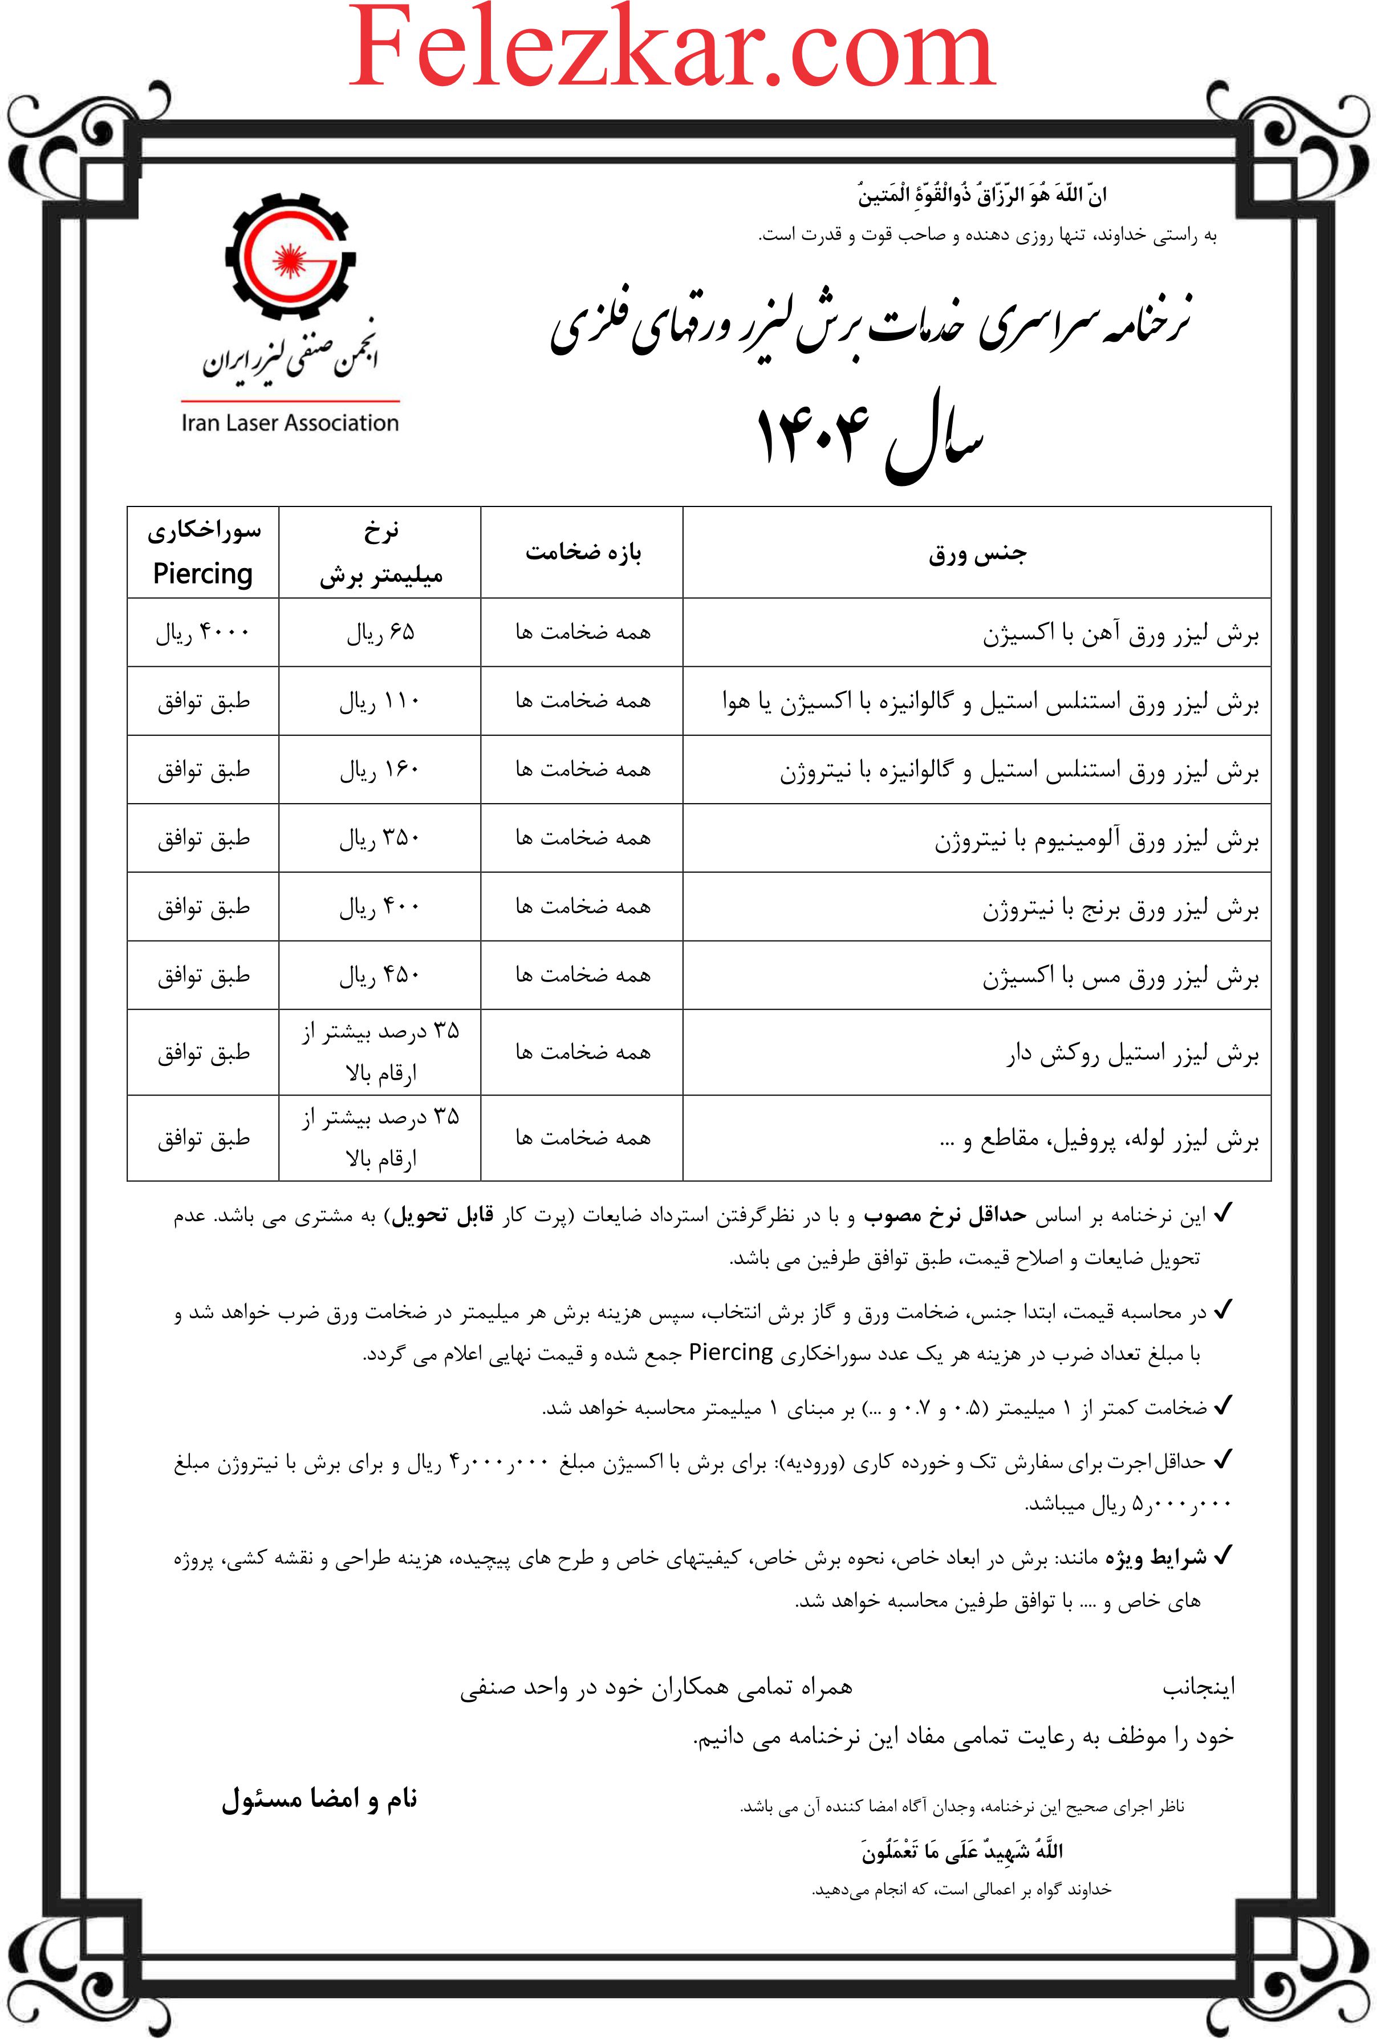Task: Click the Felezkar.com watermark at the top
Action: [x=672, y=48]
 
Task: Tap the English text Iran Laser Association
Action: [x=290, y=423]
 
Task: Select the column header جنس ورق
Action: [x=977, y=554]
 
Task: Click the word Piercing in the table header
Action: [x=202, y=574]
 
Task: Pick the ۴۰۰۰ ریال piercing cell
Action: [x=202, y=633]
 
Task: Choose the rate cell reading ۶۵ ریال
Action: [x=380, y=633]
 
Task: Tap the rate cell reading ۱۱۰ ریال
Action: [x=380, y=701]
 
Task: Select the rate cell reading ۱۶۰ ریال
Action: [x=380, y=769]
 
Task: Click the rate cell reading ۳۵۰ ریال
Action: [x=380, y=838]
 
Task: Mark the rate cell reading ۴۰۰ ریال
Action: [x=380, y=906]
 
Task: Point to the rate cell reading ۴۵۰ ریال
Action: [x=380, y=975]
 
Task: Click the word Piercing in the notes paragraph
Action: [x=730, y=1352]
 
